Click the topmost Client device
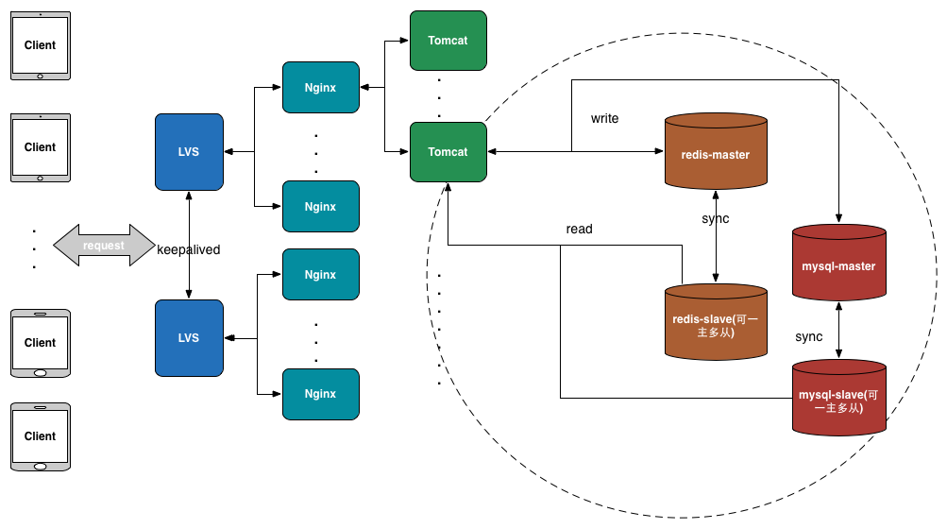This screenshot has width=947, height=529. click(40, 45)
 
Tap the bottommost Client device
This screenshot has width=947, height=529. click(40, 436)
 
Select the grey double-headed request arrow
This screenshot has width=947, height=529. click(104, 246)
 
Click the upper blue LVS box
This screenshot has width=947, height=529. click(189, 151)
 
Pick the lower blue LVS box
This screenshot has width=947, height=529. click(189, 337)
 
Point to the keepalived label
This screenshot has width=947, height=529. click(188, 250)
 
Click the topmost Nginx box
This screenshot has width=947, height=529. click(321, 88)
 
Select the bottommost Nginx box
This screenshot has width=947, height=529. click(321, 394)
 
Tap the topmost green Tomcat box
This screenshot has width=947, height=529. click(448, 41)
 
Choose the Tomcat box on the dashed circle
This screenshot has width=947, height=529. click(448, 151)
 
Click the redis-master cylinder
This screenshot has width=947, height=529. click(716, 154)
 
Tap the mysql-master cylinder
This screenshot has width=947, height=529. click(838, 265)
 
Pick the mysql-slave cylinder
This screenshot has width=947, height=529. click(838, 401)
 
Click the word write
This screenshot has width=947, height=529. click(604, 119)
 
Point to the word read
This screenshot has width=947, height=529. click(579, 230)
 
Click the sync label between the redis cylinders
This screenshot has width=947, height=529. click(716, 219)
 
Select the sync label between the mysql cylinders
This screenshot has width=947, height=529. click(809, 337)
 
